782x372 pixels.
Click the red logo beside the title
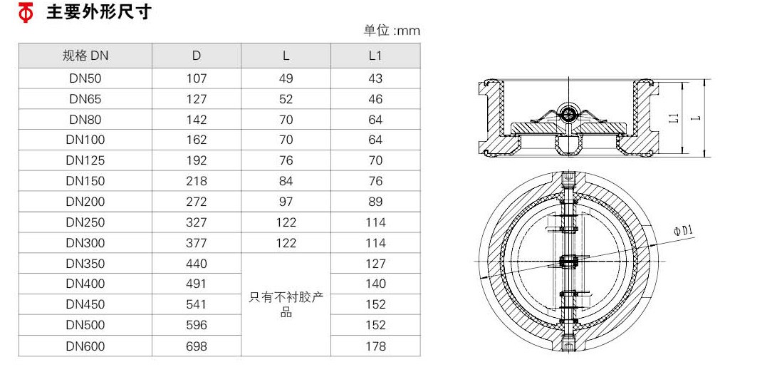(26, 13)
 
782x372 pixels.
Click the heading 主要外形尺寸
(99, 13)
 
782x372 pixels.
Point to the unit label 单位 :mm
(392, 31)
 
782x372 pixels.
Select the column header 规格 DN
(85, 56)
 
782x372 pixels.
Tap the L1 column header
(375, 56)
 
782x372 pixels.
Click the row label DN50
(85, 78)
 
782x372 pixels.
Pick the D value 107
(197, 78)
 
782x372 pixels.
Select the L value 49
(286, 78)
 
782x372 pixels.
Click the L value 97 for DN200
(286, 202)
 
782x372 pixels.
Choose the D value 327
(197, 222)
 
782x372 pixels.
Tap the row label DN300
(85, 243)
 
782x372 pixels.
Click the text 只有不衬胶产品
(286, 304)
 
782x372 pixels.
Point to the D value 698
(197, 346)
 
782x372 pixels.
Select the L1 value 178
(375, 346)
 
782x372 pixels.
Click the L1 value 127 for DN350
(375, 264)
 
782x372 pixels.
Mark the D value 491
(197, 284)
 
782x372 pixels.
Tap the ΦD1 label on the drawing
(684, 230)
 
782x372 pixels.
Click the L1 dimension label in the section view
(674, 118)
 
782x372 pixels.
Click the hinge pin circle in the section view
(568, 113)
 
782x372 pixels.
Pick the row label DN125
(85, 160)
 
